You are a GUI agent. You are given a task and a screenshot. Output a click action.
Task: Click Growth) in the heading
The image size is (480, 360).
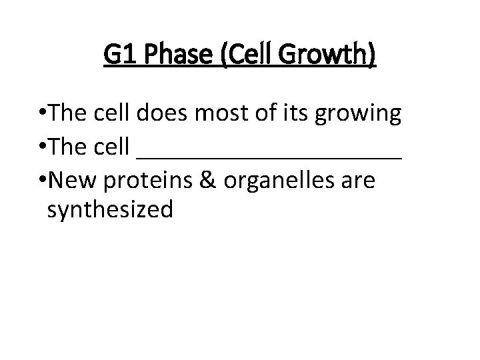[x=327, y=54]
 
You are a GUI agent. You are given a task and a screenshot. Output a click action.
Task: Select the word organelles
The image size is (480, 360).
[x=281, y=181]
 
